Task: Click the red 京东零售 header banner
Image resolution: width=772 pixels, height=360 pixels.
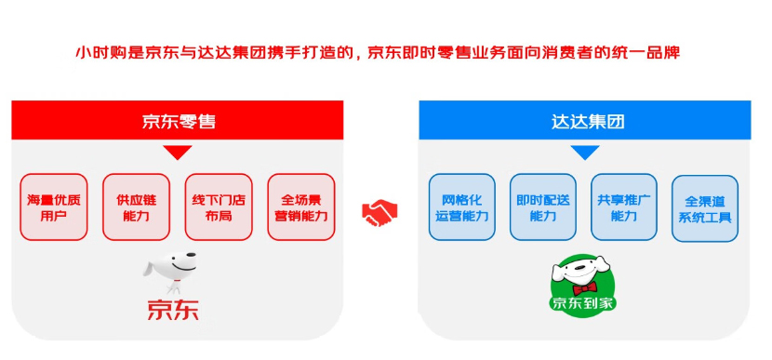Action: (178, 121)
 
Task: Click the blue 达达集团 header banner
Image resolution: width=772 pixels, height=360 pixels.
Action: (585, 121)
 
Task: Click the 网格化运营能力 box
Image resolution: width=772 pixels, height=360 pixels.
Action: (460, 207)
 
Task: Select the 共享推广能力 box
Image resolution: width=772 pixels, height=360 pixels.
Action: (624, 207)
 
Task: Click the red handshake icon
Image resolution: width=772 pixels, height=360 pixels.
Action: (379, 214)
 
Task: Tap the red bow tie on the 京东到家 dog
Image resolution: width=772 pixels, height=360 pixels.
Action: (585, 288)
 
